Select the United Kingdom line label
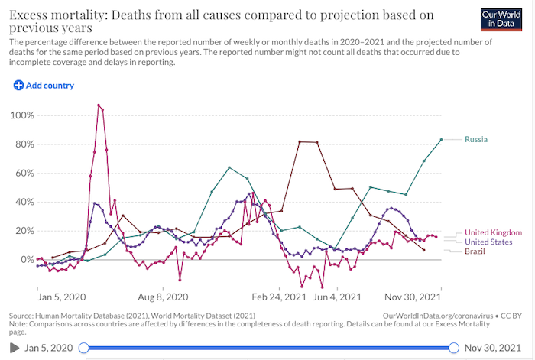coord(493,232)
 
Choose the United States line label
coord(489,242)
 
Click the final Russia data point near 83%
coord(441,139)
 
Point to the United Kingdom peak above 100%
coord(99,105)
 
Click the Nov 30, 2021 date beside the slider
coord(495,348)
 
